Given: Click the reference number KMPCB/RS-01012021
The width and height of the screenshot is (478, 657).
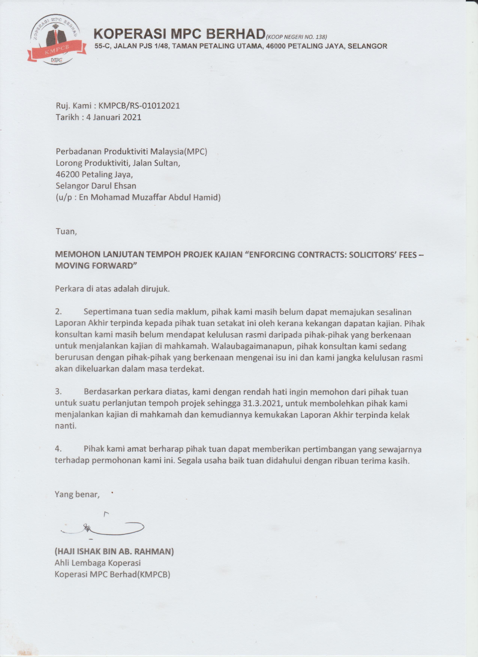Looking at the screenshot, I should (139, 105).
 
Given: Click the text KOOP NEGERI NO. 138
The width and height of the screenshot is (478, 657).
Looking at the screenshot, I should (297, 37).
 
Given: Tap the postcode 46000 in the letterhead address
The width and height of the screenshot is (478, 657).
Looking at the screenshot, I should (276, 46).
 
